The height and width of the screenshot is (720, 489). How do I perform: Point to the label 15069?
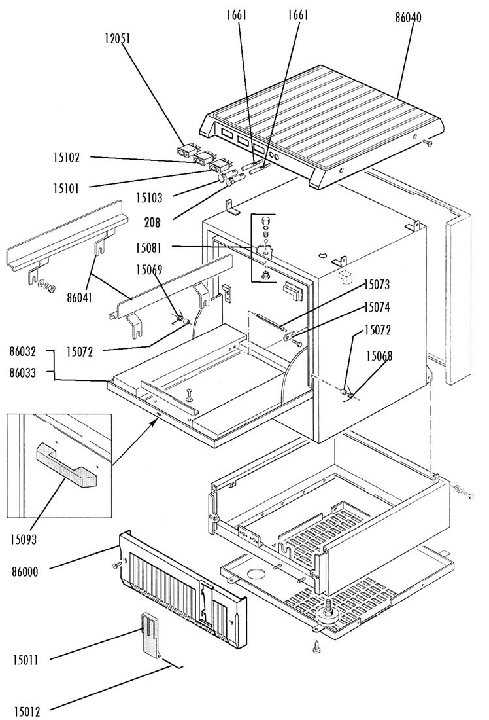coord(152,269)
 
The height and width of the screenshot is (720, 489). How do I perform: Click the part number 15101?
coord(67,189)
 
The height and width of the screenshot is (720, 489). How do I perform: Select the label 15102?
coord(67,157)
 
